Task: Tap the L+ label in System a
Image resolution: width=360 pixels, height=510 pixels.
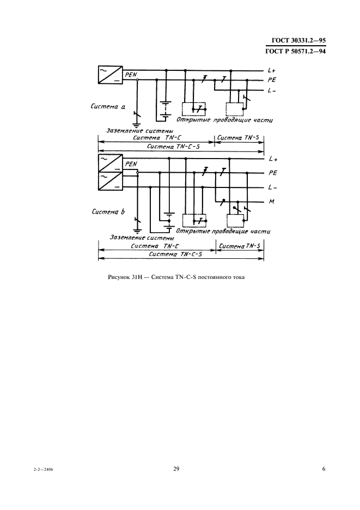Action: [x=272, y=70]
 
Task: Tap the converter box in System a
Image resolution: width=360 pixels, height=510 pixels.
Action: [x=110, y=75]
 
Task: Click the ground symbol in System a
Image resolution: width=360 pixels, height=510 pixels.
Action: [x=137, y=124]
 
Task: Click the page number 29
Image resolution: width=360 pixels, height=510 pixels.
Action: [x=176, y=470]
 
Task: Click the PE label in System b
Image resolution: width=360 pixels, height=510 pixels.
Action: [x=272, y=173]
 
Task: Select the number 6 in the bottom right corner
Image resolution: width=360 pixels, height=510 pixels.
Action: [x=324, y=470]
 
